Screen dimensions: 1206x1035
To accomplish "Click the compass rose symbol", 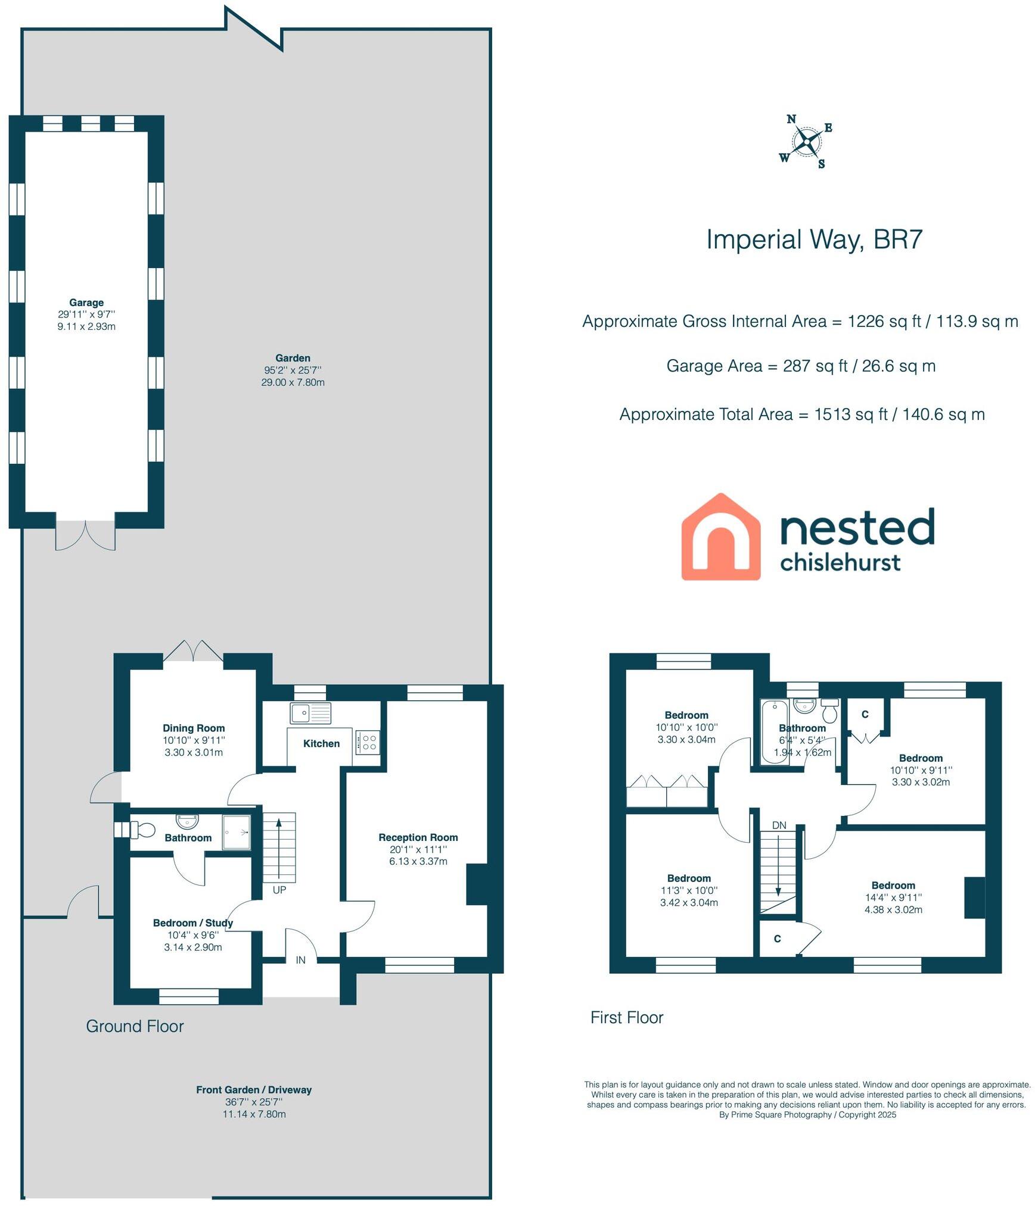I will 806,142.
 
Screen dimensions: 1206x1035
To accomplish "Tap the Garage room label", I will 86,303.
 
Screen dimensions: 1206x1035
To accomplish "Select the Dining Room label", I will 194,728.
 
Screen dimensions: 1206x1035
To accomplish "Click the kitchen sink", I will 310,712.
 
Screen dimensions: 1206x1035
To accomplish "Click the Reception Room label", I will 418,837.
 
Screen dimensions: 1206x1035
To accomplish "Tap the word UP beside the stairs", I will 279,890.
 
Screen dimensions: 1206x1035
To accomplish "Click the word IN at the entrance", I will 301,960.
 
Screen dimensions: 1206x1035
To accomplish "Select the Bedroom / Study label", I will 193,923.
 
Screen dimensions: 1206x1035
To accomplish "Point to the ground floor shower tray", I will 237,831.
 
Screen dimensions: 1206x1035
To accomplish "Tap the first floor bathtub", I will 775,731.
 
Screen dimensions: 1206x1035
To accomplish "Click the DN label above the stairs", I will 779,825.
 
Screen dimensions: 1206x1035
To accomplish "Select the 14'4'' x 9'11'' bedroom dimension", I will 893,898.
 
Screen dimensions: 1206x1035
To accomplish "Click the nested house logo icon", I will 721,537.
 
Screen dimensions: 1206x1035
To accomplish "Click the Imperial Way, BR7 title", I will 814,240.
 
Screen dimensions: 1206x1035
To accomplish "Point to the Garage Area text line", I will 801,366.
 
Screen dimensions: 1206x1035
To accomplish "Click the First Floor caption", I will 627,1017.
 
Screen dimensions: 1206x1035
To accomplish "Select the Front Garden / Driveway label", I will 254,1090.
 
